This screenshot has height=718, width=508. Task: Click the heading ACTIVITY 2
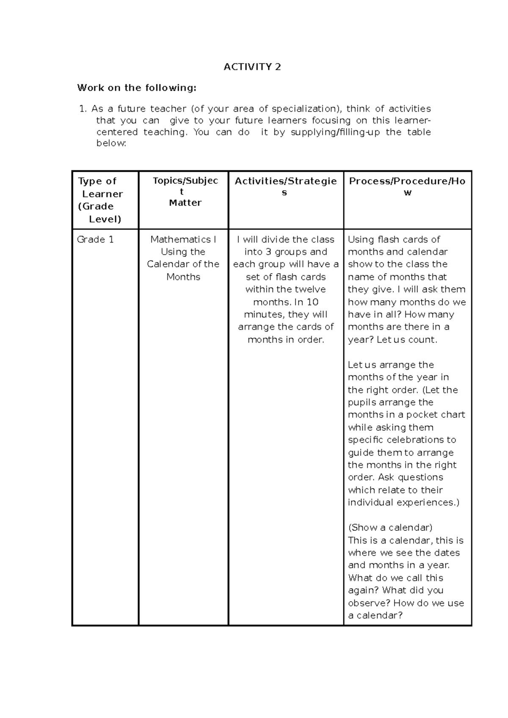(252, 67)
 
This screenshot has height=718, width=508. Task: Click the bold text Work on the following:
(137, 88)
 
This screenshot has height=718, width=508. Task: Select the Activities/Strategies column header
(286, 186)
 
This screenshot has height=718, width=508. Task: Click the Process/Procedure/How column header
(407, 186)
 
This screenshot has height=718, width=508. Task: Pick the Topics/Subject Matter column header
(185, 192)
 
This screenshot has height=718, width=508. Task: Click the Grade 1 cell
(95, 240)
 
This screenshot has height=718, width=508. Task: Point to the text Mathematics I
(183, 240)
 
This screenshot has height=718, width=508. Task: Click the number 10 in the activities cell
(312, 302)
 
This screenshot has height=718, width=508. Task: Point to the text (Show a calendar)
(390, 528)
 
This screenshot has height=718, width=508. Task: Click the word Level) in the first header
(105, 219)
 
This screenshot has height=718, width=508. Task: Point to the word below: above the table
(111, 143)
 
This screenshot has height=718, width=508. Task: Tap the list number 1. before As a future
(83, 109)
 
